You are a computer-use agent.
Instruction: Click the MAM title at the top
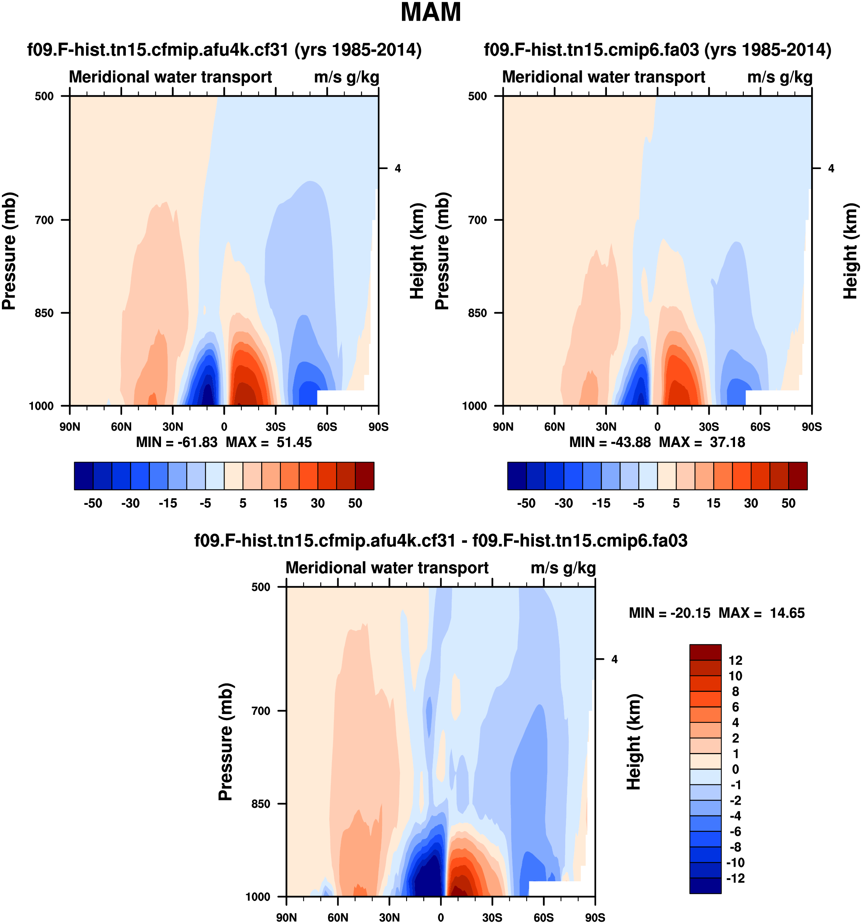coord(430,13)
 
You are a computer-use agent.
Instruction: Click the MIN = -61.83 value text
coord(177,442)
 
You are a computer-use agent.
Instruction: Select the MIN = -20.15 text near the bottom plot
coord(669,613)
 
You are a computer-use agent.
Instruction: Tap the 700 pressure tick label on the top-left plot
coord(45,220)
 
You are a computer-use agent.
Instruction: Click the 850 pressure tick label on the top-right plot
coord(478,313)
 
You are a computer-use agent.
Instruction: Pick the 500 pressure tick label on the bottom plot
coord(261,587)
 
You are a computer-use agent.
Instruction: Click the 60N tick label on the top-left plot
coord(121,427)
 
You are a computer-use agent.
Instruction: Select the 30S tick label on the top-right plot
coord(709,427)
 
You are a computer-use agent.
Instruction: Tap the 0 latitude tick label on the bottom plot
coord(441,917)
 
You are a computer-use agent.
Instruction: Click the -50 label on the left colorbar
coord(93,503)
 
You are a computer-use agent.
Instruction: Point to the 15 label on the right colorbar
coord(713,503)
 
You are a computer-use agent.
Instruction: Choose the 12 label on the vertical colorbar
coord(735,660)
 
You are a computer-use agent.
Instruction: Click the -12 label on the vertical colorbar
coord(735,878)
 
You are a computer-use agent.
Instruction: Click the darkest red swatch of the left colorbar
coord(364,476)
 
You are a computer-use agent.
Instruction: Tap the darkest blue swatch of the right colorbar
coord(517,476)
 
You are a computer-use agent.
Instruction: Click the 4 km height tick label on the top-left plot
coord(398,168)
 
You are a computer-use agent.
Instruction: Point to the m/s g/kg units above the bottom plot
coord(563,568)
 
